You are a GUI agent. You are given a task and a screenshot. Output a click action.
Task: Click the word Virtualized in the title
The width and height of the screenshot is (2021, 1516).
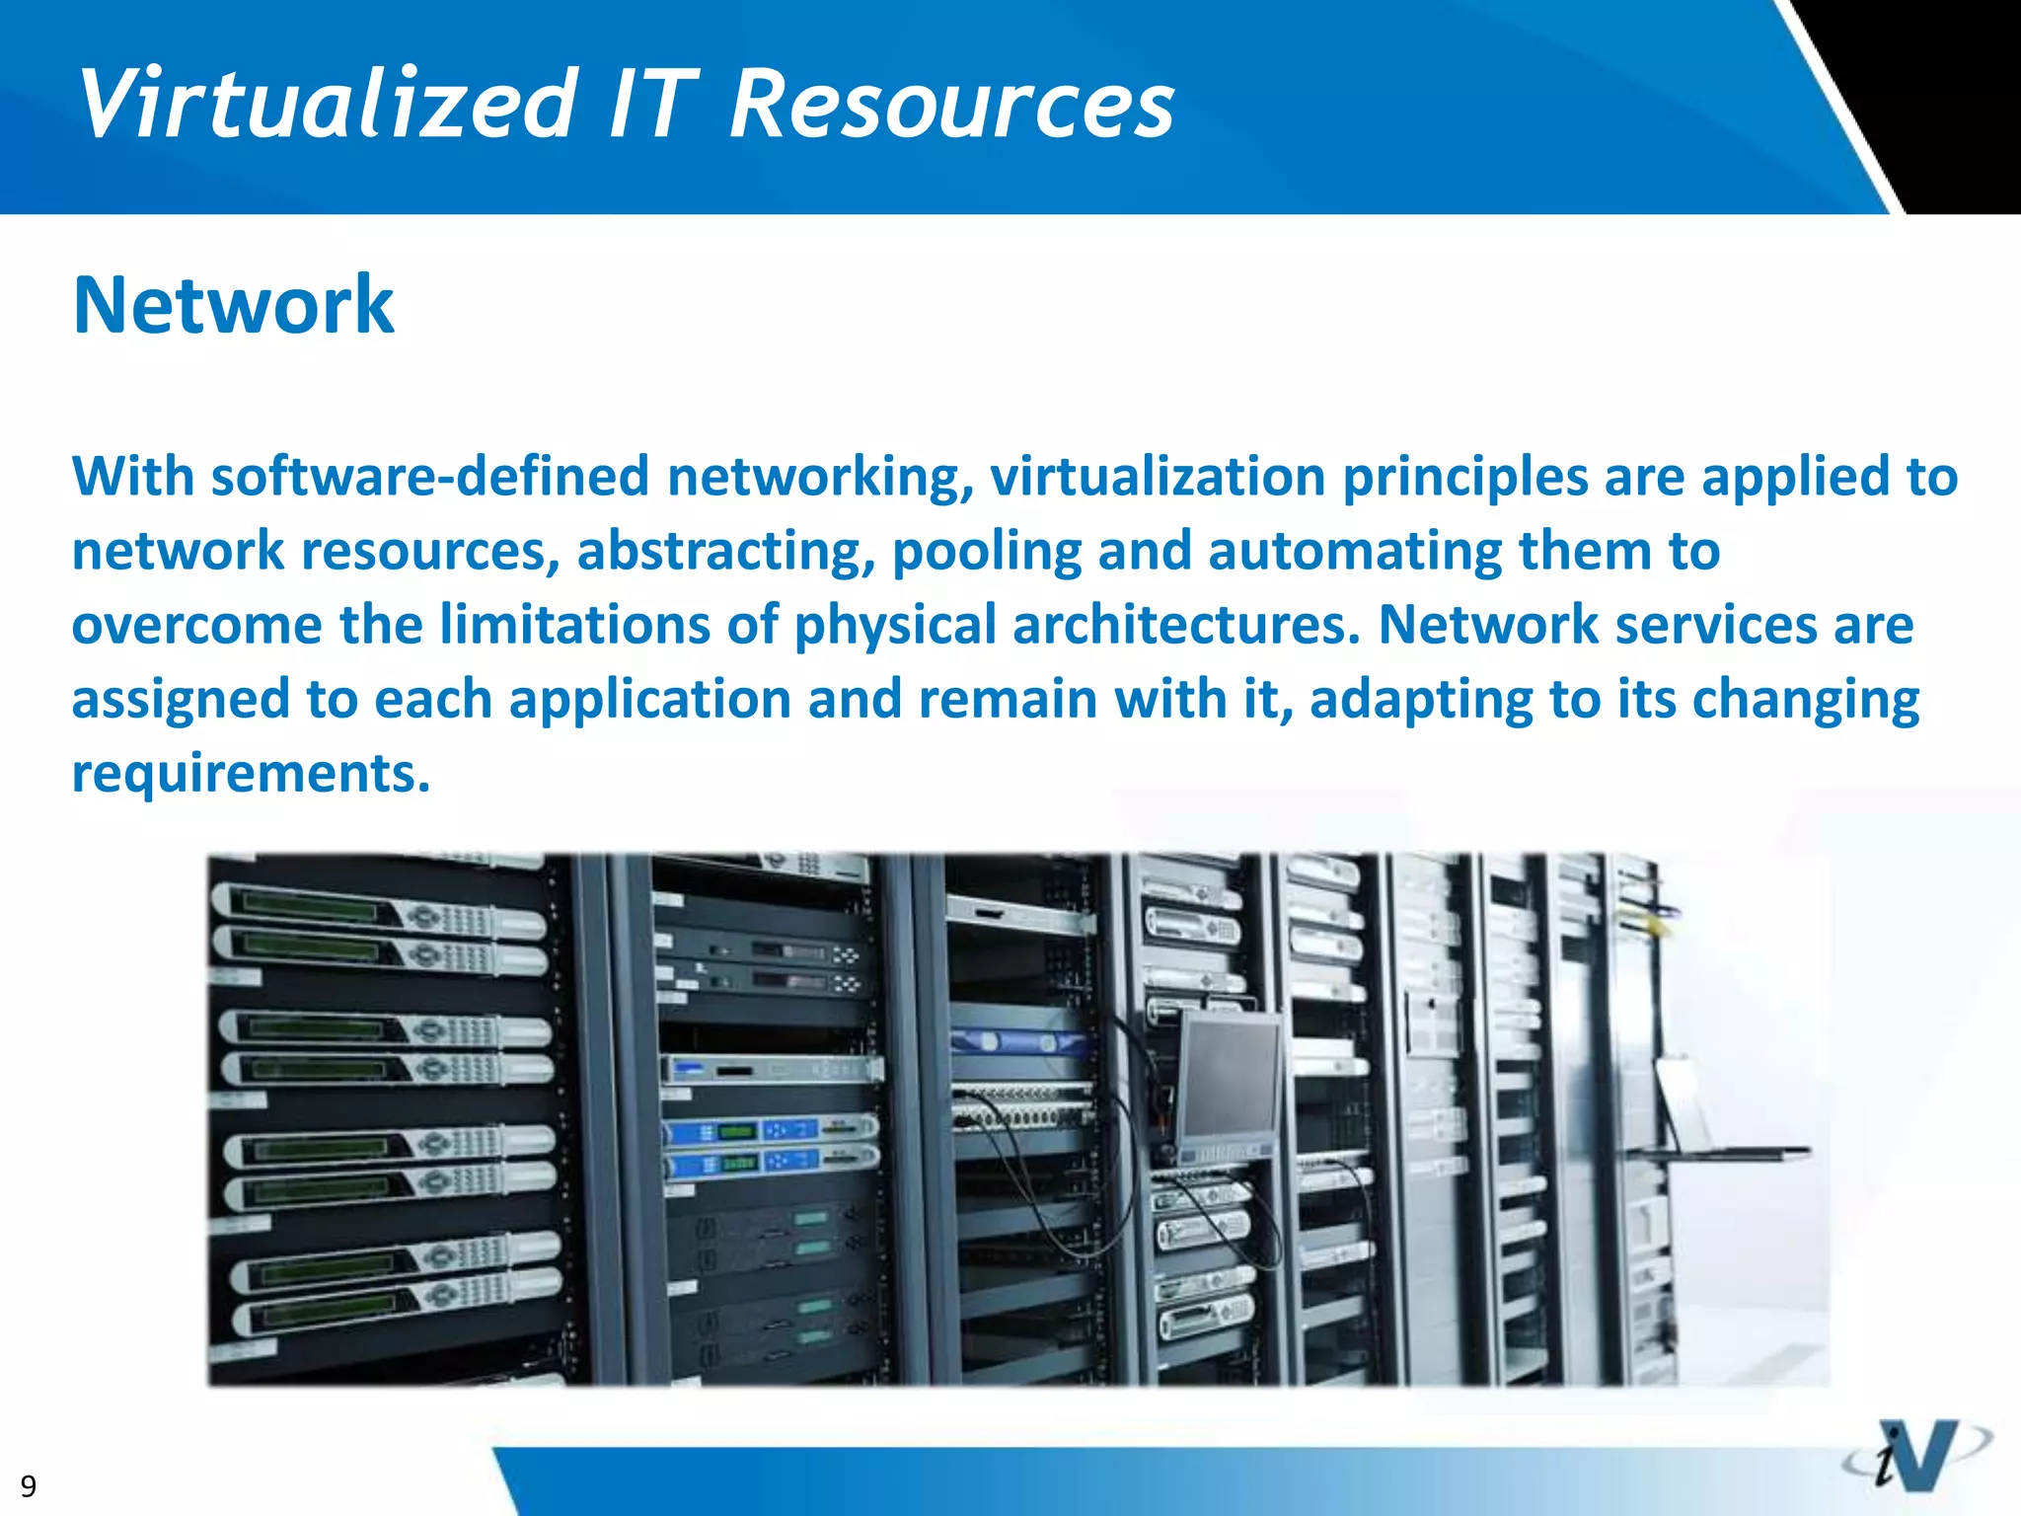tap(328, 104)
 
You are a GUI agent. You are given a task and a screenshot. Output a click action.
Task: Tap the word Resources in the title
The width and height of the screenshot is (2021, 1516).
tap(951, 104)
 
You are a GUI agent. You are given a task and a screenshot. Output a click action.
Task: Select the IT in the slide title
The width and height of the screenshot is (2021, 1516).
tap(652, 104)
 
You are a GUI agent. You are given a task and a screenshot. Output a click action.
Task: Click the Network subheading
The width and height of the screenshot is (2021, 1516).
tap(234, 305)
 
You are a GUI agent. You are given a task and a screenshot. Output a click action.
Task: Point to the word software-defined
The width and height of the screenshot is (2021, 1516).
tap(429, 477)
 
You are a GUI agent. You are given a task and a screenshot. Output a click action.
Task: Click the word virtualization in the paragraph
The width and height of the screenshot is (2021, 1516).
tap(1158, 477)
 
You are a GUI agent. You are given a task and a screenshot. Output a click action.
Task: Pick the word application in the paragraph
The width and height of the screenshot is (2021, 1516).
tap(650, 699)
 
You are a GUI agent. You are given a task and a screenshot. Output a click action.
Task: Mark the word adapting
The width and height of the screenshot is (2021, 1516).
tap(1421, 699)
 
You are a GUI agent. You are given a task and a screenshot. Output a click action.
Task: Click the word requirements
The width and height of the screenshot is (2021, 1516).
tap(251, 773)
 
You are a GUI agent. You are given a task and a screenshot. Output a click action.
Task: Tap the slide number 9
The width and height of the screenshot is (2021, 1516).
tap(29, 1485)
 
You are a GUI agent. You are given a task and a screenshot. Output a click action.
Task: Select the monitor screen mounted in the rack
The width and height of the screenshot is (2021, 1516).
tap(1228, 1076)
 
